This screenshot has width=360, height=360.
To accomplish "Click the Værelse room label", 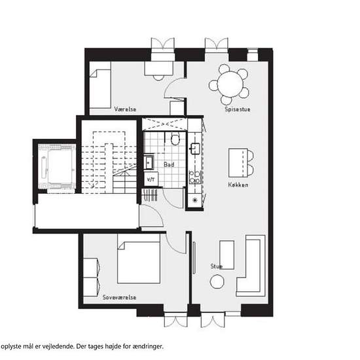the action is (x=125, y=109).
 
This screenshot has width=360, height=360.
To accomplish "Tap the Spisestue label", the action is (x=238, y=109).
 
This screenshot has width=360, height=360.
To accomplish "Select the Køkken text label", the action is (x=238, y=185).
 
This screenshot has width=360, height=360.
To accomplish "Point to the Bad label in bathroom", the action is (x=169, y=164).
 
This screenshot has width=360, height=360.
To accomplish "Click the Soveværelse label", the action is (x=119, y=297).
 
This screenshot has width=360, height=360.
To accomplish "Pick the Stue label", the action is (x=217, y=266).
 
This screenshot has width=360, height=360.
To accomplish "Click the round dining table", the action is (x=230, y=84).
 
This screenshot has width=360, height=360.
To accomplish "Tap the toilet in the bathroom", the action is (x=175, y=139).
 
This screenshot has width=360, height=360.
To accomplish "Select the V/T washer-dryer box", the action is (x=151, y=179).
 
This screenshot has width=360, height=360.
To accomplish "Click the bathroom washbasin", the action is (x=149, y=162).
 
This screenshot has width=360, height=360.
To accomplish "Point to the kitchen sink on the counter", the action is (x=196, y=148).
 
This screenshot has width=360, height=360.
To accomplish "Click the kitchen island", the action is (x=238, y=163).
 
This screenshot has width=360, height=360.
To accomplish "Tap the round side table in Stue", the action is (x=217, y=281).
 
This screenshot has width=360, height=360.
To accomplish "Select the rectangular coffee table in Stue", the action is (x=227, y=255).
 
